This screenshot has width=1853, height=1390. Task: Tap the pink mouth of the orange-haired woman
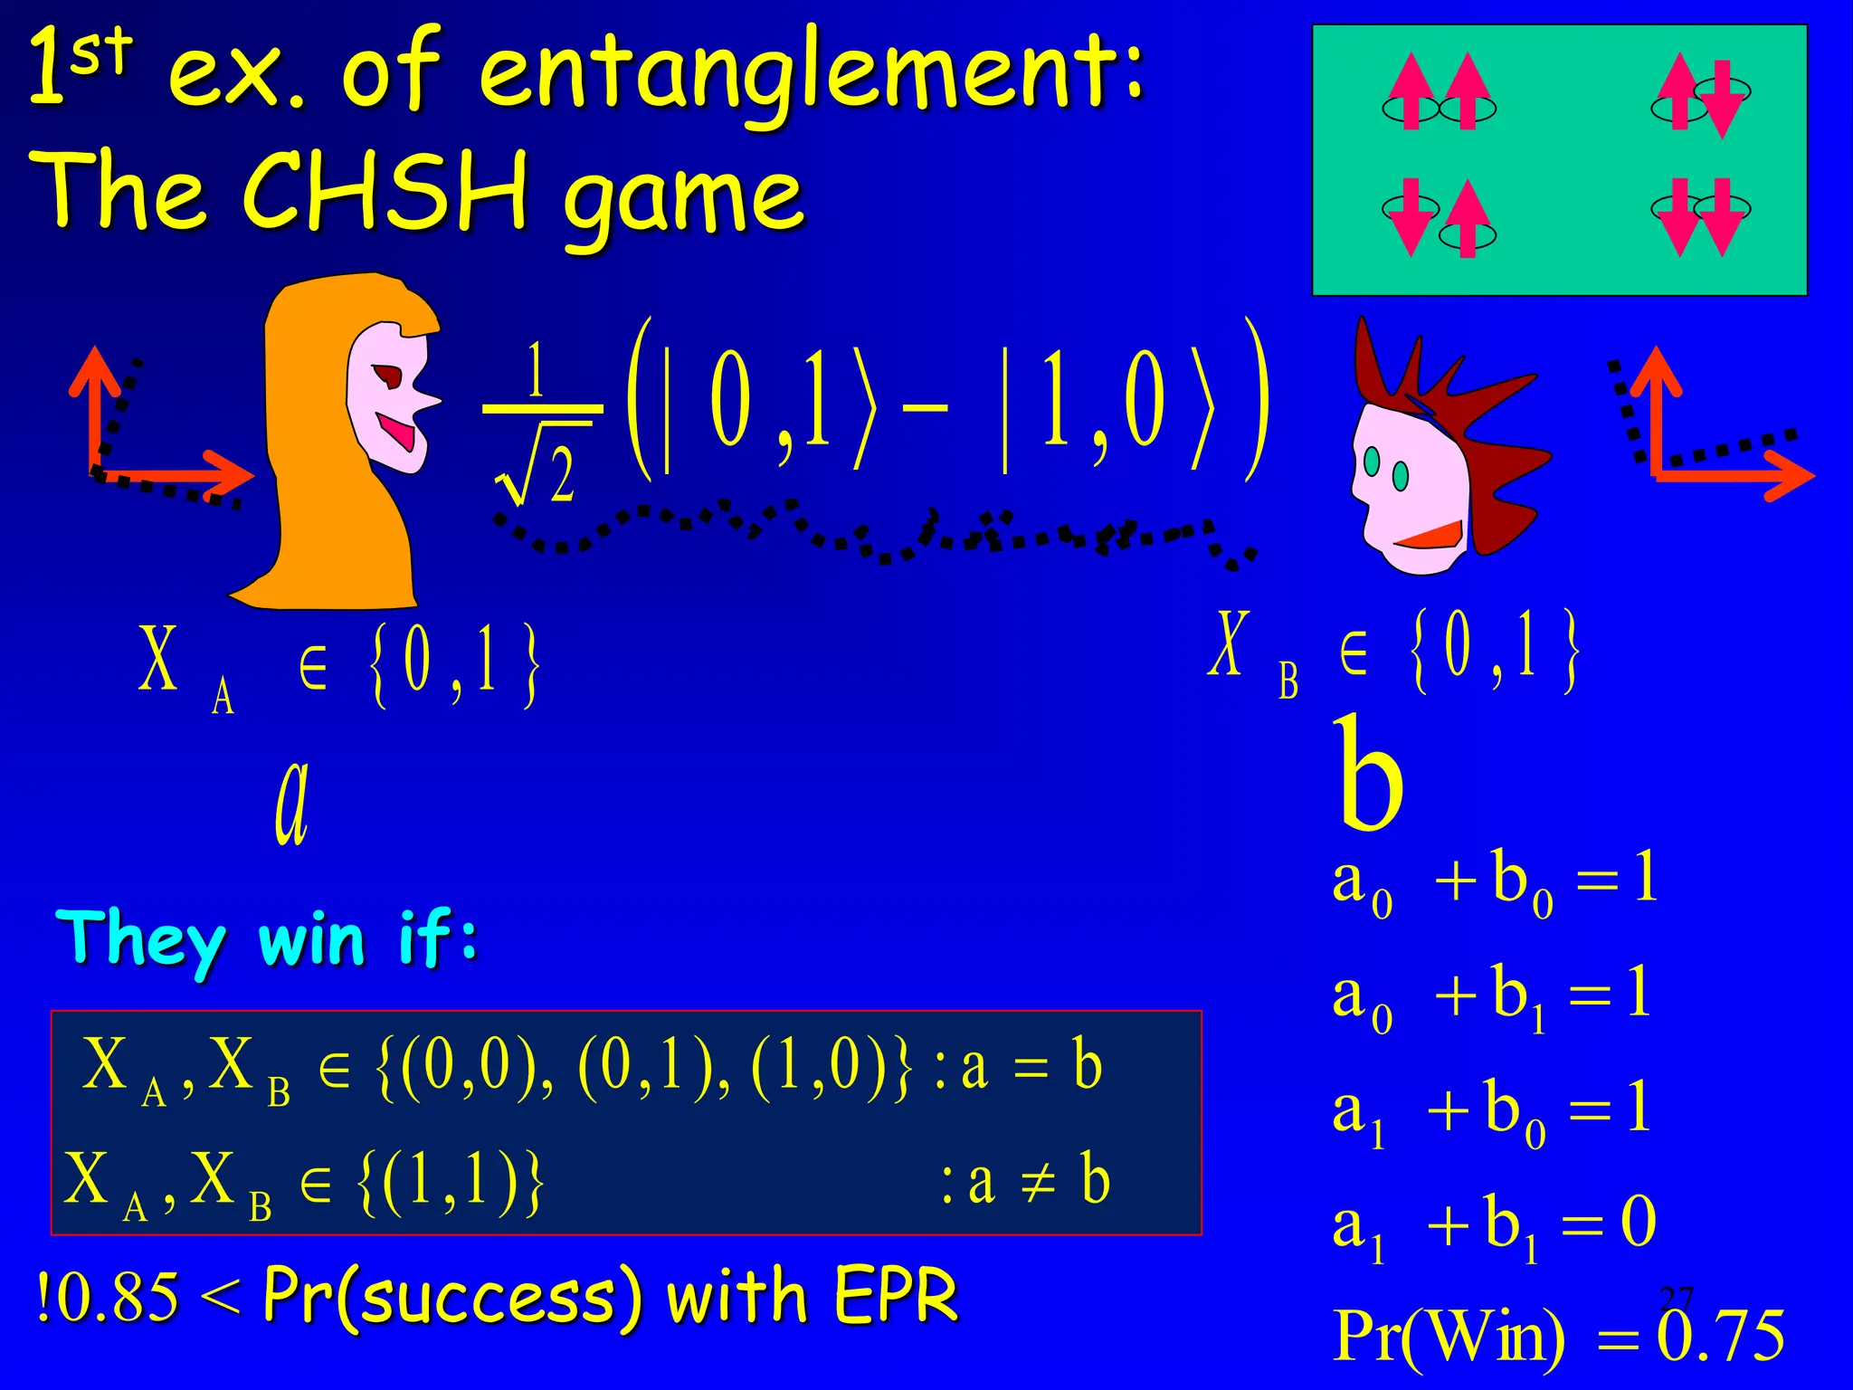pos(399,430)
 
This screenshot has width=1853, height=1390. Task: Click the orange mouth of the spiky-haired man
pos(1431,537)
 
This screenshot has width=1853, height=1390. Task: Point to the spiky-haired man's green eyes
pos(1386,468)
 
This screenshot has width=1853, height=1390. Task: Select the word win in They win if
pos(313,939)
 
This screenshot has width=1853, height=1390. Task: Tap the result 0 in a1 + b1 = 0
pos(1638,1222)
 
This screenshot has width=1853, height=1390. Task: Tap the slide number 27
pos(1677,1299)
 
